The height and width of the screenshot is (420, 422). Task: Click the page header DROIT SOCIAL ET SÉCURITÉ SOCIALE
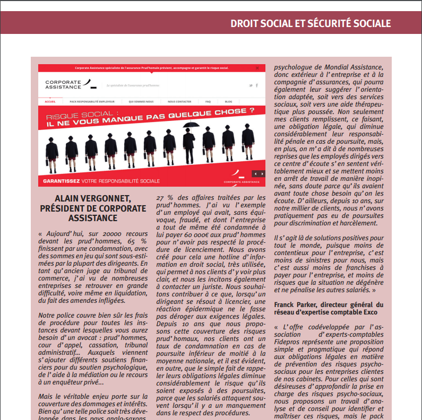coord(311,24)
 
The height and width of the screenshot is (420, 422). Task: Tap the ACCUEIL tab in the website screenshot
coord(50,101)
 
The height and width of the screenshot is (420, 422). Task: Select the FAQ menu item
coord(208,101)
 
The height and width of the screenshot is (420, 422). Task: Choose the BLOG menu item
coord(228,101)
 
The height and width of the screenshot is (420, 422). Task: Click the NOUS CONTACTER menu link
coord(179,101)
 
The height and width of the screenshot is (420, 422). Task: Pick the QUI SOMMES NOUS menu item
coord(141,101)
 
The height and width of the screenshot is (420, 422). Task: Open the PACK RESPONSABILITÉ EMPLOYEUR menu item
coord(92,101)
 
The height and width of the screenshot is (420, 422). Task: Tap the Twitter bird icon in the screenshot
coord(251,85)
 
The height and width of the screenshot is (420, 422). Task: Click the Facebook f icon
coord(257,85)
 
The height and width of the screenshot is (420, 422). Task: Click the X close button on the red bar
coord(257,68)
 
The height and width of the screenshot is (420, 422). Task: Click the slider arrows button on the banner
coord(258,173)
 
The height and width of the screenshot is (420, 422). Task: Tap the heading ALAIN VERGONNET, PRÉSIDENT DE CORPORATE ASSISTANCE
coord(93,208)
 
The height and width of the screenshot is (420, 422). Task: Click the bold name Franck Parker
coord(294,304)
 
